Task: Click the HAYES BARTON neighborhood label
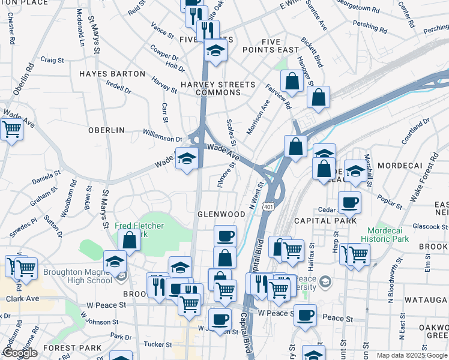coord(112,74)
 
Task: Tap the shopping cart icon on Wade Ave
coord(11,128)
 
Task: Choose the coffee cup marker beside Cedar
coord(349,202)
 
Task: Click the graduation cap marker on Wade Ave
coord(187,158)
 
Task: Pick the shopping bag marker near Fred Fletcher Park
coord(130,240)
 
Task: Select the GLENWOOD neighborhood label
coord(221,214)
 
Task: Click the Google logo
coord(20,353)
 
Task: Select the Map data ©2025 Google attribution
coord(412,355)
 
